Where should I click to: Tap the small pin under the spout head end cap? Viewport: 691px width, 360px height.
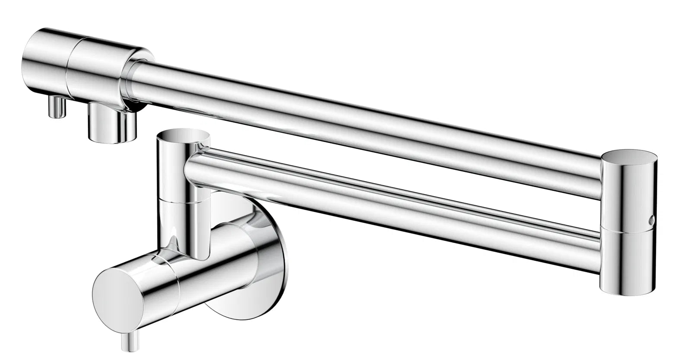tap(57, 107)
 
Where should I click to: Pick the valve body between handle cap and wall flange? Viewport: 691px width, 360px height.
tap(216, 264)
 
